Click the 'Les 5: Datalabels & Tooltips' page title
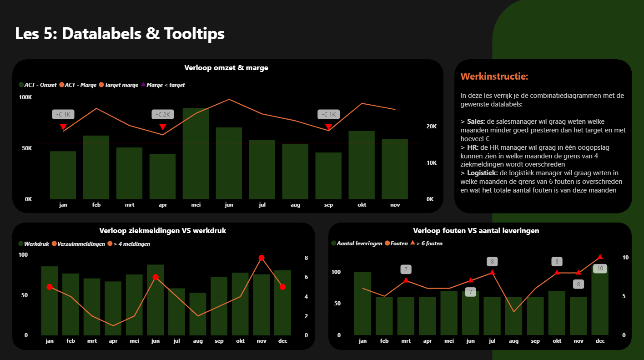tap(120, 34)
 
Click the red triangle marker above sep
tap(328, 127)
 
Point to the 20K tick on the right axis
tap(431, 127)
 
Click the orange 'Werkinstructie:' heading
tap(494, 76)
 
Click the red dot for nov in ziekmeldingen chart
tap(262, 258)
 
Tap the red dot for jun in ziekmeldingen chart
tap(156, 277)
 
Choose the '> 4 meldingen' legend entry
tap(131, 244)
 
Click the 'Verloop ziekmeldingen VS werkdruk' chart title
tap(163, 231)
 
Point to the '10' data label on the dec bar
tap(600, 269)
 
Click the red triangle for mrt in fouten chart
tap(406, 280)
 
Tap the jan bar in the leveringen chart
tap(362, 304)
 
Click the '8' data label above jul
tap(492, 262)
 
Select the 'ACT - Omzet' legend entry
tap(40, 85)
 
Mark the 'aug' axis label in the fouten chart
tap(514, 341)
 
